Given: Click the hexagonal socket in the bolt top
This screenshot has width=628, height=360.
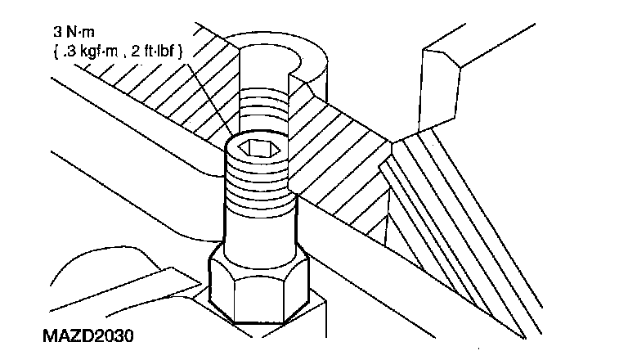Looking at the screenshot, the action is pos(255,150).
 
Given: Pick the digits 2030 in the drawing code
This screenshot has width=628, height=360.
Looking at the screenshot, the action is pos(114,336).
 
